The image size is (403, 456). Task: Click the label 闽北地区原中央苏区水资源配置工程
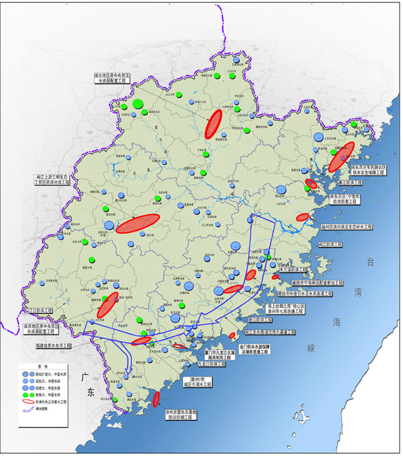(x=112, y=78)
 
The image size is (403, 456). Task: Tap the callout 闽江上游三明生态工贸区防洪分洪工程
(x=51, y=178)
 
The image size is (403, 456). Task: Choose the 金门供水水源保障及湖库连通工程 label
(x=264, y=351)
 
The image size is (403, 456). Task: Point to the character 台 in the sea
(x=371, y=263)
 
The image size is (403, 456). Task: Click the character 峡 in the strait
(x=311, y=348)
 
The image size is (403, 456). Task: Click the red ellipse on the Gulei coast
(x=156, y=398)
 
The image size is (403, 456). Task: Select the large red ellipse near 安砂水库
(x=138, y=223)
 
